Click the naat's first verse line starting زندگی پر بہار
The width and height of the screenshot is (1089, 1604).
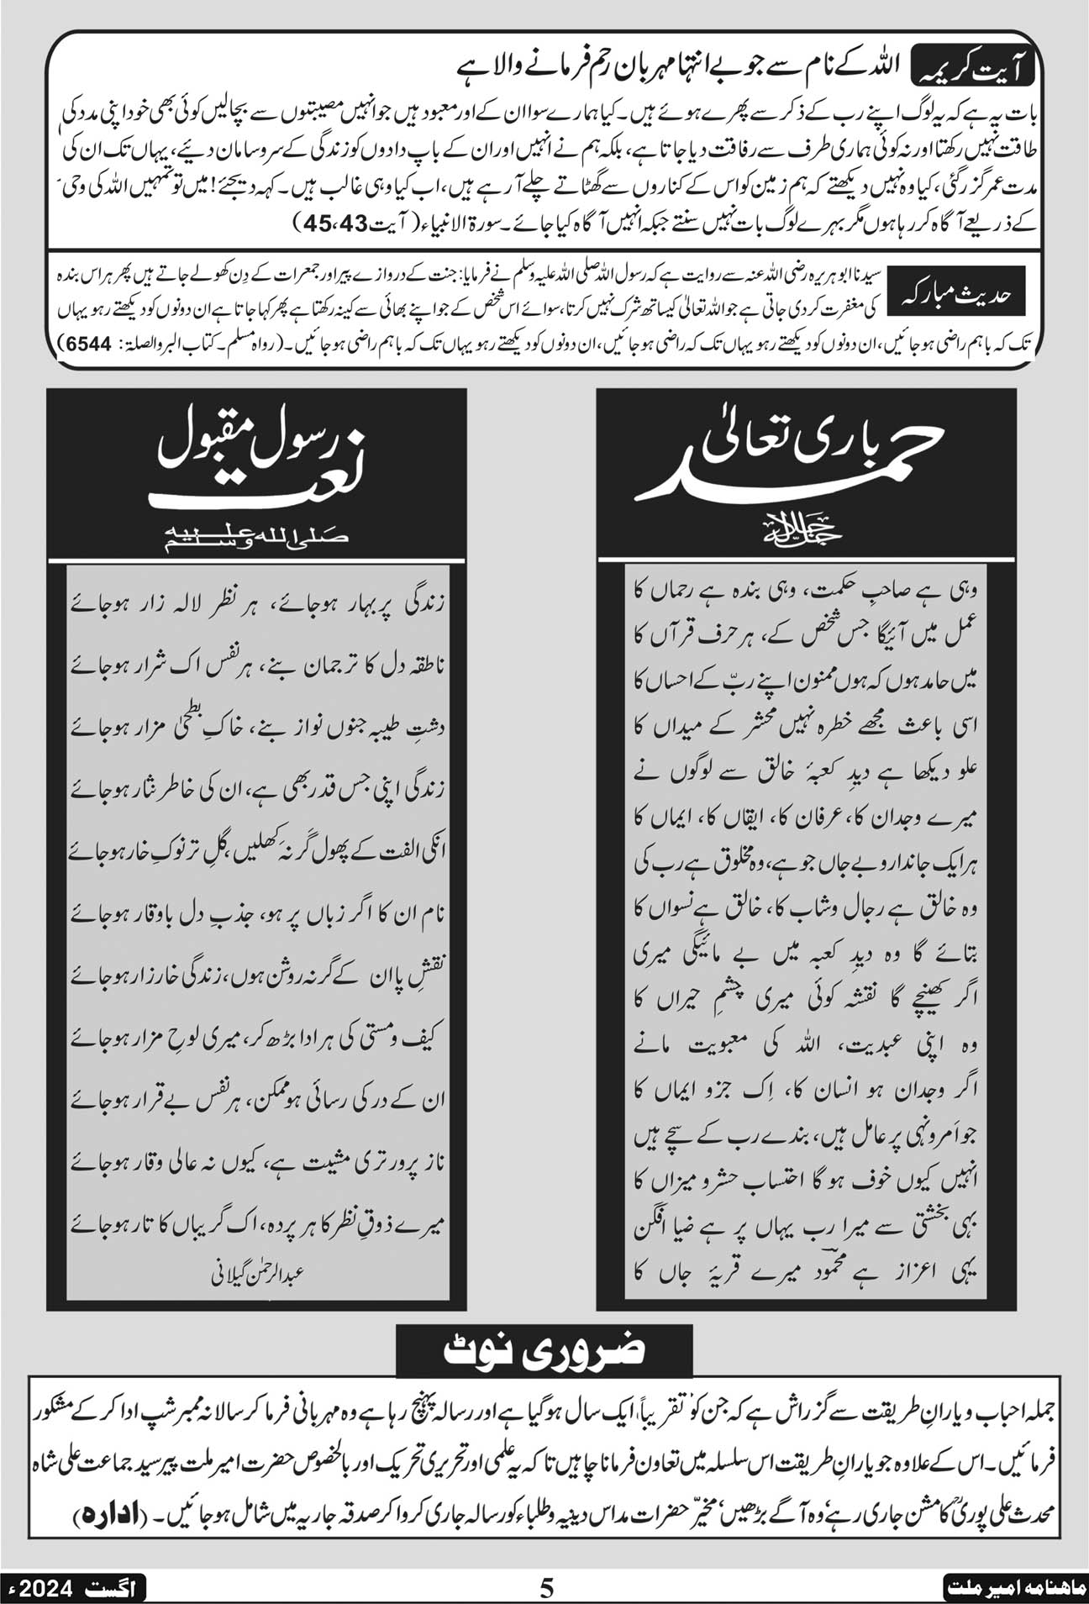click(260, 603)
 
